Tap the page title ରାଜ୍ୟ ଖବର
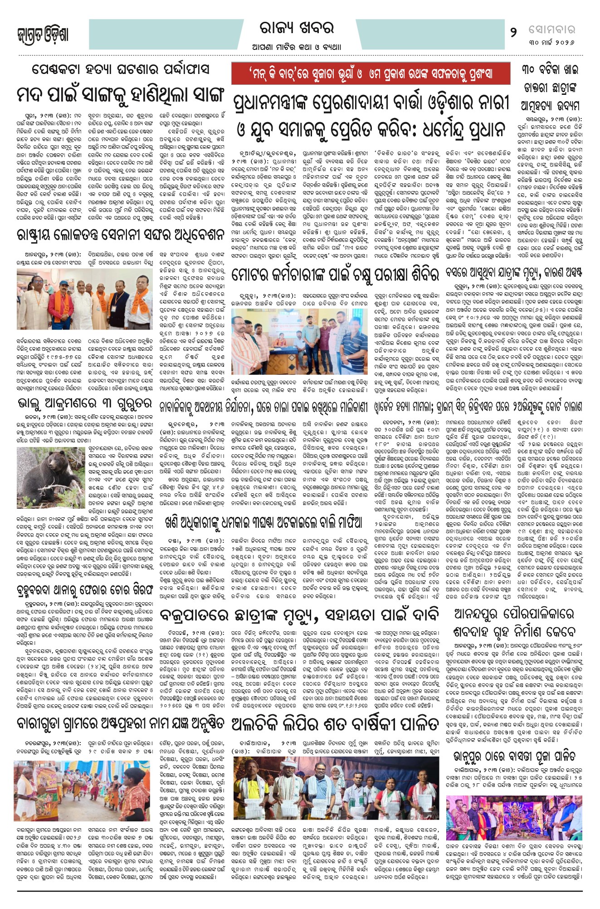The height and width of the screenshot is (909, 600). (x=297, y=28)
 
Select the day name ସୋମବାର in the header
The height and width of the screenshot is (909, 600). (x=551, y=30)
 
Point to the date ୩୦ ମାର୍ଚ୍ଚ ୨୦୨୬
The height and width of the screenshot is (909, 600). (x=551, y=43)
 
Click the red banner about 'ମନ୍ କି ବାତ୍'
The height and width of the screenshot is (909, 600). (x=371, y=74)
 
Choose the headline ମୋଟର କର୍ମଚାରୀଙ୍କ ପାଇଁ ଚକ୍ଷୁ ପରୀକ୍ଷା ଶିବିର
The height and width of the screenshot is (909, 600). (x=335, y=274)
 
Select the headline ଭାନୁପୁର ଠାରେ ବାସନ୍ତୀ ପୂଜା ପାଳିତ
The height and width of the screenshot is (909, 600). (x=514, y=757)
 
